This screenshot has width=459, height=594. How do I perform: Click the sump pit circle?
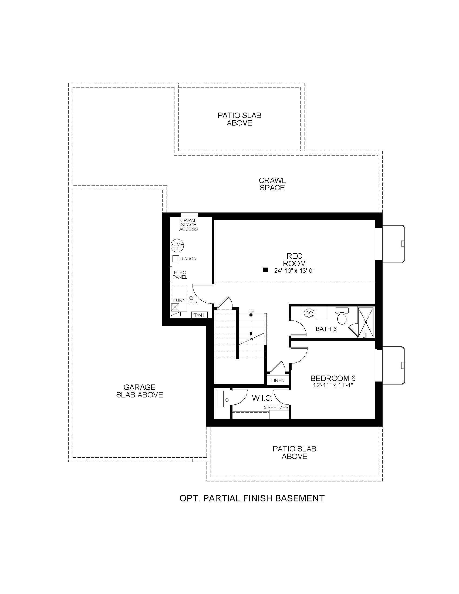pyautogui.click(x=177, y=246)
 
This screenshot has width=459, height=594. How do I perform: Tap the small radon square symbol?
pyautogui.click(x=176, y=259)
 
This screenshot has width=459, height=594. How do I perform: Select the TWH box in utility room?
pyautogui.click(x=199, y=315)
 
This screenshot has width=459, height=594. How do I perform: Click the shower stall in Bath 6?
pyautogui.click(x=366, y=322)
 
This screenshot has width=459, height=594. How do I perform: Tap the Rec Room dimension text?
pyautogui.click(x=295, y=271)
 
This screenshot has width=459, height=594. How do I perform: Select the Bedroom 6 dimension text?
pyautogui.click(x=333, y=385)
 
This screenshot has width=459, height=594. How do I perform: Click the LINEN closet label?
pyautogui.click(x=278, y=380)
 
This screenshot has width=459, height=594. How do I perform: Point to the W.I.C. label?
pyautogui.click(x=262, y=399)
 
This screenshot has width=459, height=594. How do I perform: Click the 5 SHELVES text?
pyautogui.click(x=276, y=407)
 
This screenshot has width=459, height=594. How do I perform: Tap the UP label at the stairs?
pyautogui.click(x=251, y=311)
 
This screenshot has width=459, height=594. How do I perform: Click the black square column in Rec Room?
pyautogui.click(x=265, y=270)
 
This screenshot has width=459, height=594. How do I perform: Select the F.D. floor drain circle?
pyautogui.click(x=191, y=298)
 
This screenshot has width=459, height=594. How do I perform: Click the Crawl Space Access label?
pyautogui.click(x=188, y=225)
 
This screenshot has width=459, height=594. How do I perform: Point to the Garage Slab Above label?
pyautogui.click(x=140, y=391)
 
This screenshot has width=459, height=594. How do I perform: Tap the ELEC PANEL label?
pyautogui.click(x=180, y=275)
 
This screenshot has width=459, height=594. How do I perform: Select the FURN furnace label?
pyautogui.click(x=180, y=300)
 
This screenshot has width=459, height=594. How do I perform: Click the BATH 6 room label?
pyautogui.click(x=326, y=329)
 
